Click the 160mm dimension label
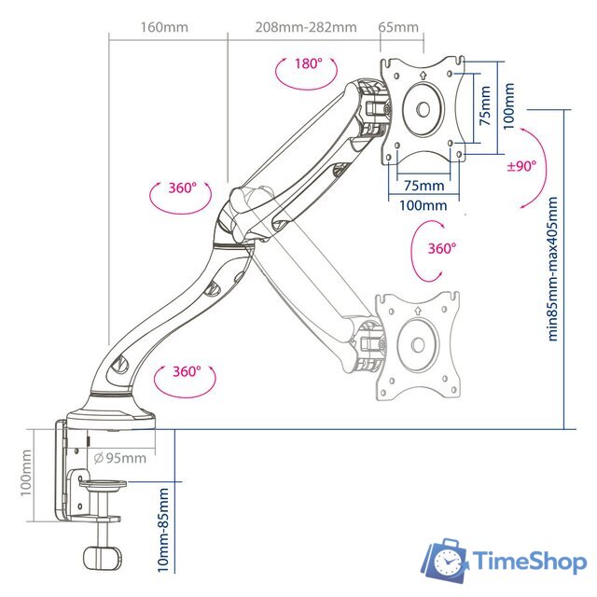pyautogui.click(x=164, y=27)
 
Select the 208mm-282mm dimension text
pyautogui.click(x=306, y=27)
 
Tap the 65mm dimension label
pyautogui.click(x=398, y=27)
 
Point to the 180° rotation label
pyautogui.click(x=309, y=63)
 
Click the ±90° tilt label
pyautogui.click(x=521, y=166)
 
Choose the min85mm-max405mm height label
pyautogui.click(x=552, y=269)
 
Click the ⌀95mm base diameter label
pyautogui.click(x=120, y=458)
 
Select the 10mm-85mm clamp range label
pyautogui.click(x=163, y=530)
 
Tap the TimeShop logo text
pyautogui.click(x=530, y=562)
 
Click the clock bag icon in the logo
pyautogui.click(x=445, y=561)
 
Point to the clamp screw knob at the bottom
pyautogui.click(x=103, y=558)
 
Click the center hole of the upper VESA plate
pyautogui.click(x=423, y=109)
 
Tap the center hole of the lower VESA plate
pyautogui.click(x=418, y=345)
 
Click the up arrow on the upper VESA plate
pyautogui.click(x=423, y=75)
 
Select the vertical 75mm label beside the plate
pyautogui.click(x=485, y=105)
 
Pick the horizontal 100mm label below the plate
pyautogui.click(x=423, y=205)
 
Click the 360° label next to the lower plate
pyautogui.click(x=441, y=248)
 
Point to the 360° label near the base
pyautogui.click(x=187, y=371)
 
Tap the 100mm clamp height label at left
pyautogui.click(x=26, y=473)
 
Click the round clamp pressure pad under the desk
pyautogui.click(x=103, y=485)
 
